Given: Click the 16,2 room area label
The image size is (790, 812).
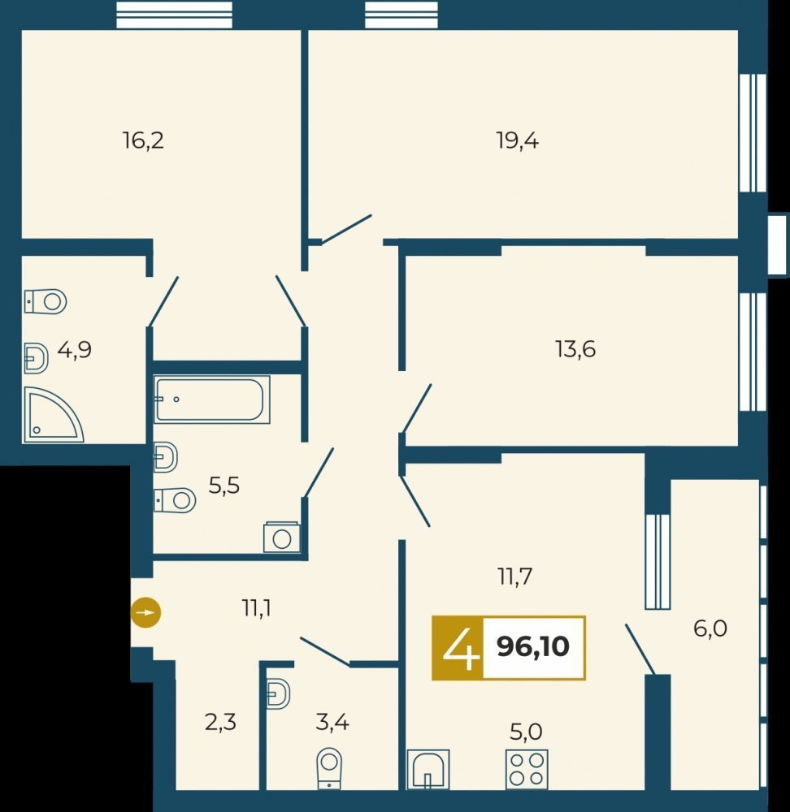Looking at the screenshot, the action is pyautogui.click(x=144, y=140).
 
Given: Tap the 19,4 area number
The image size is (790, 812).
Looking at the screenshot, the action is pyautogui.click(x=518, y=140).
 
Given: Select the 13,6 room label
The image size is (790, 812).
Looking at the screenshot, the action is pyautogui.click(x=575, y=349).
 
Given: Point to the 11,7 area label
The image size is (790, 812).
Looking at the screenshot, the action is pyautogui.click(x=515, y=577).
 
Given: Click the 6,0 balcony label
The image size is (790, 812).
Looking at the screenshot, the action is pyautogui.click(x=710, y=628).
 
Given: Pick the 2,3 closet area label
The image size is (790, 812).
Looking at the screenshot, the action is pyautogui.click(x=220, y=722).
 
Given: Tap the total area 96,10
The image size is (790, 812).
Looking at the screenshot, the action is pyautogui.click(x=533, y=646).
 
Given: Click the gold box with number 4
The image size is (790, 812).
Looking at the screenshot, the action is pyautogui.click(x=458, y=648).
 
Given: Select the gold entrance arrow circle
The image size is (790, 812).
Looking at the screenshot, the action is pyautogui.click(x=145, y=613).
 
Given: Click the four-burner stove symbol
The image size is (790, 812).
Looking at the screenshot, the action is pyautogui.click(x=527, y=769).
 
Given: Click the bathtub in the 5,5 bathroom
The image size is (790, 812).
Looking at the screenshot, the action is pyautogui.click(x=211, y=400).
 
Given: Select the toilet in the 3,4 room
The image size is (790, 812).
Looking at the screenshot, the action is pyautogui.click(x=329, y=768).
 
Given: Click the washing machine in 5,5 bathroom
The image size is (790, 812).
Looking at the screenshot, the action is pyautogui.click(x=281, y=538).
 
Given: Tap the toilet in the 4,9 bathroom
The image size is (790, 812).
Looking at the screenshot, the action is pyautogui.click(x=46, y=301).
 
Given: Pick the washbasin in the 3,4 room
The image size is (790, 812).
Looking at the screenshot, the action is pyautogui.click(x=278, y=694).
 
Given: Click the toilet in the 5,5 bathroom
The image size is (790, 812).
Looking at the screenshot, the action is pyautogui.click(x=175, y=500).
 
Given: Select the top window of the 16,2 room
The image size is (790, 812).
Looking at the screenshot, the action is pyautogui.click(x=174, y=15).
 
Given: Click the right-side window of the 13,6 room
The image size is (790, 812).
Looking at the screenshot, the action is pyautogui.click(x=752, y=352).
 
